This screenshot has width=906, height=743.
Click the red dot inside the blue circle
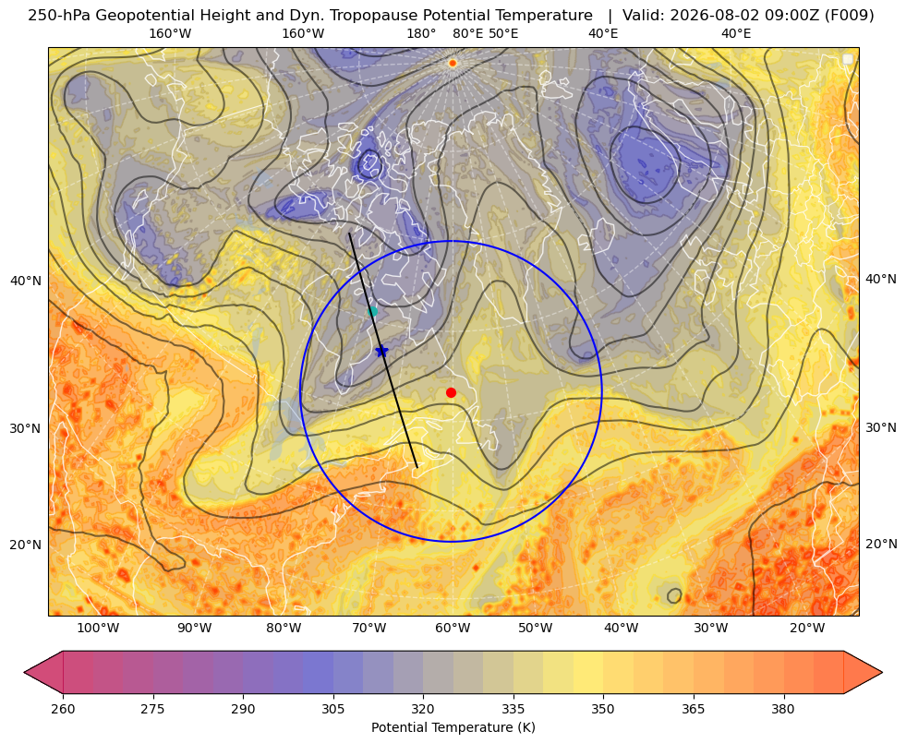452,393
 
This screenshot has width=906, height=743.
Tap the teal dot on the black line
373,312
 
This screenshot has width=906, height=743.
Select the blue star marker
382,351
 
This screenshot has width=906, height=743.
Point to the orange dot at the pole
453,63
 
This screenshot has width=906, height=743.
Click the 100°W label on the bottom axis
98,629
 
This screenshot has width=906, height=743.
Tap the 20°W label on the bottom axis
807,629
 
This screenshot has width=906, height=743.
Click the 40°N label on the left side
26,282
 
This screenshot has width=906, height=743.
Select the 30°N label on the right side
881,427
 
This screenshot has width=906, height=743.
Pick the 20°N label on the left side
26,545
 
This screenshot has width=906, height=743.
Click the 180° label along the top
421,33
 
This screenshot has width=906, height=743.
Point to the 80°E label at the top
468,33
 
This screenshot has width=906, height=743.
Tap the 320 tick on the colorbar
423,709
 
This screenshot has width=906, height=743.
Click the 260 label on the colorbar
63,709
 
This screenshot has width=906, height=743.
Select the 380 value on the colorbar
783,709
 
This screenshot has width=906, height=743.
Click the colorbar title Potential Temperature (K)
453,727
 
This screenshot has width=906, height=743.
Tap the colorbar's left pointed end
24,672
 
